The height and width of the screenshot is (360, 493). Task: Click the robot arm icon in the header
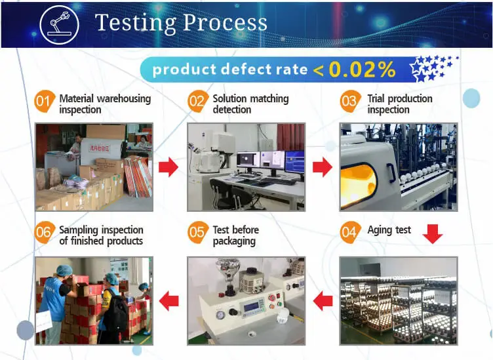tap(60, 24)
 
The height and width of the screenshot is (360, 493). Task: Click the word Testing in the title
tap(136, 23)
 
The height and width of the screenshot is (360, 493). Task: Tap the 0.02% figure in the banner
tap(362, 69)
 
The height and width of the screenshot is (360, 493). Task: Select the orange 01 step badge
tap(44, 101)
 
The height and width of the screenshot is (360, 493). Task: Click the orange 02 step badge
tap(198, 101)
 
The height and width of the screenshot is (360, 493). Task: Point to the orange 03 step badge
tap(350, 101)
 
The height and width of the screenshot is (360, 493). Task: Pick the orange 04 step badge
tap(350, 232)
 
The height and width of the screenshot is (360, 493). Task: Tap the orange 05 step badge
tap(198, 232)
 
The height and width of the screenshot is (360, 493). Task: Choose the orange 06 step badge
tap(44, 232)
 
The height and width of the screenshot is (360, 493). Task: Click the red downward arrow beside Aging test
tap(433, 234)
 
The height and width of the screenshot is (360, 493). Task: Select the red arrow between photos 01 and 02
tap(168, 167)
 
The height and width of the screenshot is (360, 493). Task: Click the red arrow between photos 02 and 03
tap(323, 167)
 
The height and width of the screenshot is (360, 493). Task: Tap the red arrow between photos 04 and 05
tap(323, 301)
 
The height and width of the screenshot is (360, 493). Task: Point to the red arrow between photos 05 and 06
tap(169, 301)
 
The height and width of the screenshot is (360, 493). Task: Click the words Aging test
tap(389, 230)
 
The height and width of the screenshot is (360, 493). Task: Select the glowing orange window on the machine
tap(358, 186)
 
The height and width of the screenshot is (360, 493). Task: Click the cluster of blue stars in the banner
tap(433, 68)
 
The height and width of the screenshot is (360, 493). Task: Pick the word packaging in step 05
tap(234, 241)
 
